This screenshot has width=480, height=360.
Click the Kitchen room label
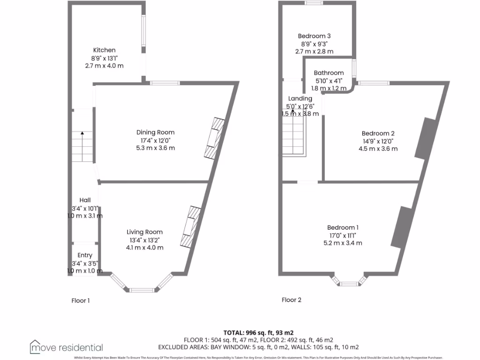click(104, 50)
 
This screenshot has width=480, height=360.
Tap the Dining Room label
click(155, 133)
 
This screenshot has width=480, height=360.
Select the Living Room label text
click(144, 232)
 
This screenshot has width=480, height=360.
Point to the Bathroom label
click(329, 73)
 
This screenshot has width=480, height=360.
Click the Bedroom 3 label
click(314, 36)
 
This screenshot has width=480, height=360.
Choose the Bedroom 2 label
click(375, 134)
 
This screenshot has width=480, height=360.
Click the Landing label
click(300, 98)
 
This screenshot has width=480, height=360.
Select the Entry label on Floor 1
click(85, 255)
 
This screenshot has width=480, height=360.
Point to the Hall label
click(85, 200)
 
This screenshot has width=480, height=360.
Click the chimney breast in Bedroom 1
click(400, 226)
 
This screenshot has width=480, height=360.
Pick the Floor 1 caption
click(80, 300)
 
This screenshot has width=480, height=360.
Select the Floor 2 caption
click(291, 300)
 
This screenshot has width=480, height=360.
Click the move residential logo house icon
click(35, 346)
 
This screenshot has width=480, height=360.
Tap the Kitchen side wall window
click(144, 31)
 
